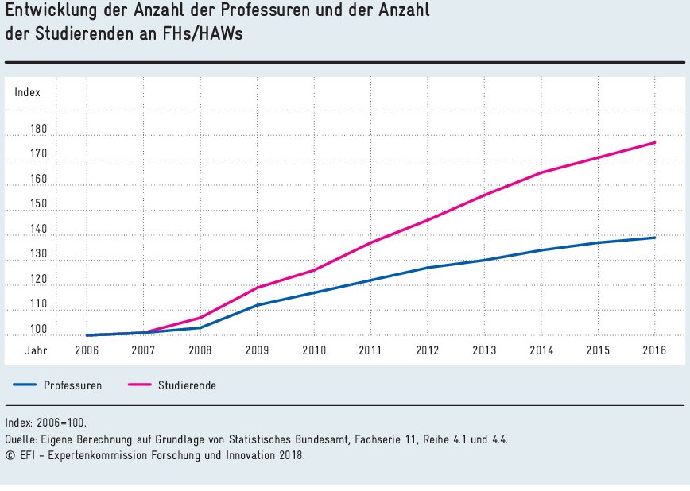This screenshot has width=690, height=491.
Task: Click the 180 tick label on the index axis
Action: [x=40, y=130]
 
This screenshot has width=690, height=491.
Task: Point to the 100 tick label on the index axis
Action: [x=40, y=330]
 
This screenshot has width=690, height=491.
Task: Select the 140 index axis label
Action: [x=40, y=230]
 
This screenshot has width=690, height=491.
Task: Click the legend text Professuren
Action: [x=73, y=385]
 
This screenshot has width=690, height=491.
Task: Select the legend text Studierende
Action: [x=187, y=385]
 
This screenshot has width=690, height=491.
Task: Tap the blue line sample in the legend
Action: [x=25, y=385]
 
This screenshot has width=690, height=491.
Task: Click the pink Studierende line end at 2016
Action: [x=655, y=142]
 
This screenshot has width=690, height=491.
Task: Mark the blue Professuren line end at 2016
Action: [x=655, y=238]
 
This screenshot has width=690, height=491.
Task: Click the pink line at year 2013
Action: [x=485, y=195]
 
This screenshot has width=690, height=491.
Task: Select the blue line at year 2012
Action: [x=428, y=268]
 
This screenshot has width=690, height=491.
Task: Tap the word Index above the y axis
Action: [x=27, y=92]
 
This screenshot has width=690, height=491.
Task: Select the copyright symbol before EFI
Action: [x=10, y=456]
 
